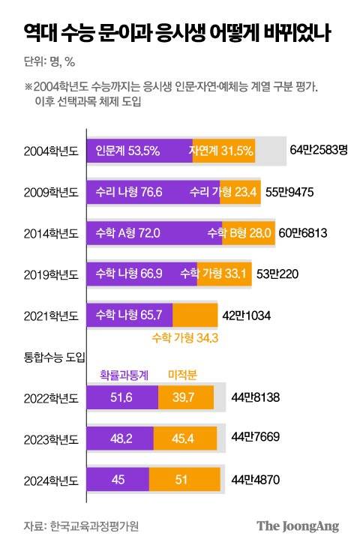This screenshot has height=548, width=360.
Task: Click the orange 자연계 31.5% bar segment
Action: pos(223,151)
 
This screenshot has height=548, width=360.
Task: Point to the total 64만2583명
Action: pos(319,151)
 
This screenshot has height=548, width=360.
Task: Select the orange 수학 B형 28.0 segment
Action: pos(249,233)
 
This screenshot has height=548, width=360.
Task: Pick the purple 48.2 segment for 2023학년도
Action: pos(121,437)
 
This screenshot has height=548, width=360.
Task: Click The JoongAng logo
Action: pos(298,526)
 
